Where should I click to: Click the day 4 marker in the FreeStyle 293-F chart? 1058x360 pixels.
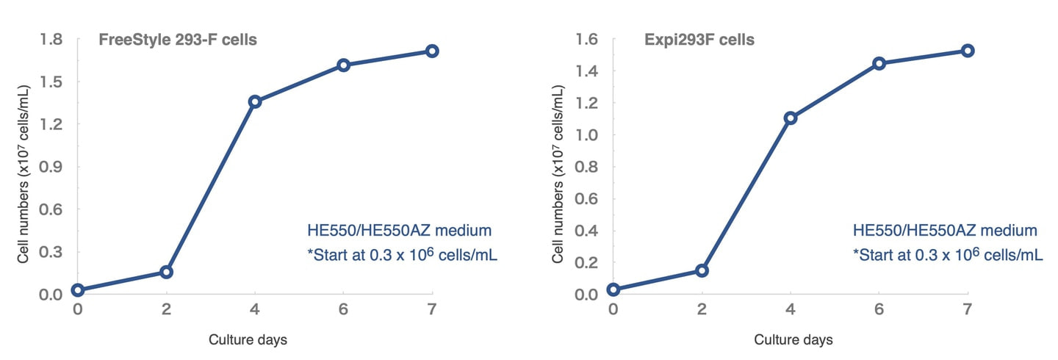coord(255,101)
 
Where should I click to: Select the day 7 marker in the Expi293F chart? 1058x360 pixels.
coord(968,51)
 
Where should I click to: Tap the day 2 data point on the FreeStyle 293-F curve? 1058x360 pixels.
coord(166,272)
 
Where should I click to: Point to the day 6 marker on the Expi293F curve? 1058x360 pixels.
coord(879,63)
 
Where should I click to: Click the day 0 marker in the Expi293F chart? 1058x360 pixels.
coord(613,289)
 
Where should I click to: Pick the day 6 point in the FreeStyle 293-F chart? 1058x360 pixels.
coord(343,65)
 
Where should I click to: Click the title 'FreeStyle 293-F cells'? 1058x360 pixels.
coord(178,40)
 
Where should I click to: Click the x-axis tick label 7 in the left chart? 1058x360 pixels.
coord(432,309)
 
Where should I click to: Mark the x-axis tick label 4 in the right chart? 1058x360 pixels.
coord(791,309)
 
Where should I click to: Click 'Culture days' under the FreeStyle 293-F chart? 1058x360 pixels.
coord(248,340)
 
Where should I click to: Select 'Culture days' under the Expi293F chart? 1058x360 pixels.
coord(794,340)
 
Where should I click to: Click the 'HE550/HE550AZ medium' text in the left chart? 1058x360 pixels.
coord(399,231)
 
